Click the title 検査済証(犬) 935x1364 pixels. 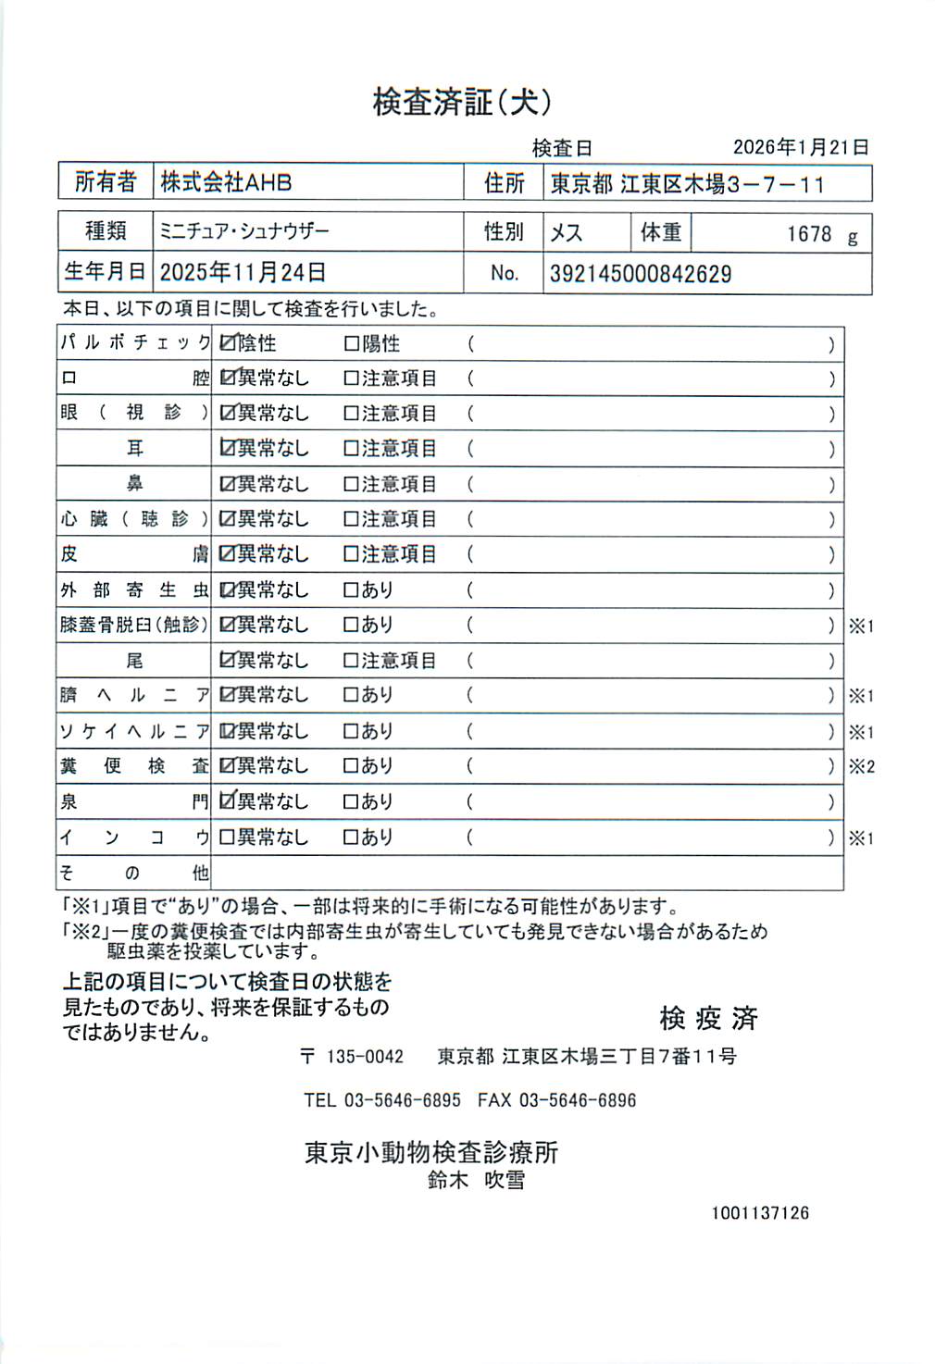(x=462, y=102)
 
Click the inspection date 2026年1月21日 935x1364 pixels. (x=801, y=147)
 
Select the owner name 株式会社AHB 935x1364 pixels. (x=226, y=182)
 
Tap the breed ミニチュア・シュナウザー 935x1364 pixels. (x=244, y=231)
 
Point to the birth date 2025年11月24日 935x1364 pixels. (x=243, y=272)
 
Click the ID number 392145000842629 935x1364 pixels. (x=640, y=274)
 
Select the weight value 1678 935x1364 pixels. (x=809, y=234)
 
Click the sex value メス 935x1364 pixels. (x=566, y=232)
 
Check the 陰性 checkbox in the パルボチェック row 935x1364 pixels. (x=227, y=343)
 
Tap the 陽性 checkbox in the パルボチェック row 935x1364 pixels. (x=351, y=344)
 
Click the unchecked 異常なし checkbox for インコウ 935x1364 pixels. (x=227, y=837)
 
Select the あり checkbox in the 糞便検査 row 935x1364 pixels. (x=351, y=766)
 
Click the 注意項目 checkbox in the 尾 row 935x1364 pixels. (x=351, y=661)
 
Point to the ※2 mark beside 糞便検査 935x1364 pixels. (x=861, y=766)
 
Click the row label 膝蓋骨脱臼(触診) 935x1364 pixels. (x=134, y=625)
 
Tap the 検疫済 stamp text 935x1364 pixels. (x=708, y=1019)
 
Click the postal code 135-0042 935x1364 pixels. (x=365, y=1057)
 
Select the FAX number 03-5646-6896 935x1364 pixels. (x=577, y=1100)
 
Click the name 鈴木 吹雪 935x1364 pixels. (x=476, y=1180)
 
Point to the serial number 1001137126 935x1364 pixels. (x=760, y=1212)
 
